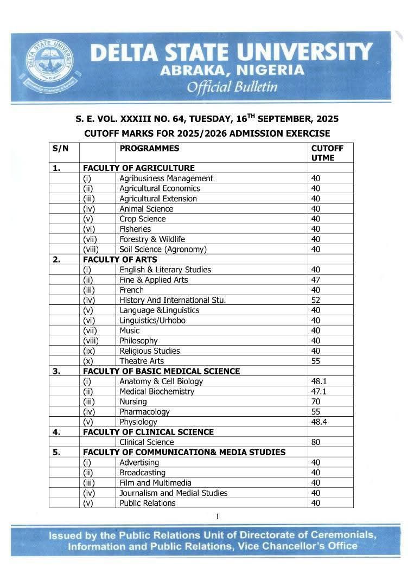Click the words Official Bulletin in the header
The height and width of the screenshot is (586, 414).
[232, 87]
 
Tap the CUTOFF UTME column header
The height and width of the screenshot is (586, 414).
[327, 153]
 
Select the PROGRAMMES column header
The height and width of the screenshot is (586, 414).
[149, 148]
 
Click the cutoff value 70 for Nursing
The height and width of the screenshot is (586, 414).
[316, 402]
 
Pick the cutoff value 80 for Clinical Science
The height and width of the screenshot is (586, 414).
[316, 442]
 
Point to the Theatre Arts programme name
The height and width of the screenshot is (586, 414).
[142, 361]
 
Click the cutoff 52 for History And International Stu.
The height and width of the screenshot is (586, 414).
[316, 300]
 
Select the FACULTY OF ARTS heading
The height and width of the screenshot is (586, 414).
[120, 259]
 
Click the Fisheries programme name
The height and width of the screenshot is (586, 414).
[135, 229]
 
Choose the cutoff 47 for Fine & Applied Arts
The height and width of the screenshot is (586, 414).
[316, 280]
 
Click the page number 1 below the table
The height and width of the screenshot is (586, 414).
[217, 517]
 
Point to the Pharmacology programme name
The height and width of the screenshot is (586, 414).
[144, 412]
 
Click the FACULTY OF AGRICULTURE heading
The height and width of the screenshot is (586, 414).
[138, 168]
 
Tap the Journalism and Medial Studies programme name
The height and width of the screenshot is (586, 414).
[173, 493]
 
